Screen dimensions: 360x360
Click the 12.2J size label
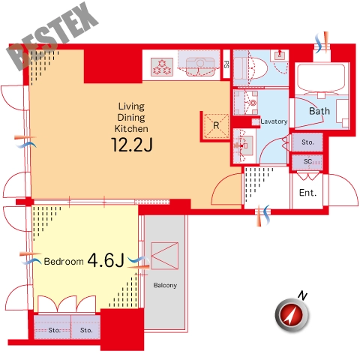click(x=132, y=145)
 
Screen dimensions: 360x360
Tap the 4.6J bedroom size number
click(x=106, y=260)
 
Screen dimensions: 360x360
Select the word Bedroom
click(x=64, y=262)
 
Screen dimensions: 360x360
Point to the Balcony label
click(x=165, y=285)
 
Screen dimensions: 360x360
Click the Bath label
click(x=319, y=111)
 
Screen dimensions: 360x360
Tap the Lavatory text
click(x=274, y=121)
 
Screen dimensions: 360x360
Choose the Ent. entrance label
click(x=307, y=193)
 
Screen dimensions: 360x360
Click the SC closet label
click(x=307, y=161)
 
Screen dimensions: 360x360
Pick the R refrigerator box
click(x=217, y=126)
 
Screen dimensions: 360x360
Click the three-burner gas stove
click(x=162, y=67)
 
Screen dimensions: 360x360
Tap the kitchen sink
click(x=200, y=67)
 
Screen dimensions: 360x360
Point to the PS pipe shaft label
click(x=226, y=64)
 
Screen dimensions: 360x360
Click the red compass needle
click(x=292, y=314)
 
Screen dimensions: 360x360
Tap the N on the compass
click(x=302, y=295)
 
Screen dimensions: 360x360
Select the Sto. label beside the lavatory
click(x=307, y=142)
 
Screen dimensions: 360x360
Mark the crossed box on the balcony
click(x=165, y=256)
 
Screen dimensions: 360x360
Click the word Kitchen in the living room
click(x=131, y=129)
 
